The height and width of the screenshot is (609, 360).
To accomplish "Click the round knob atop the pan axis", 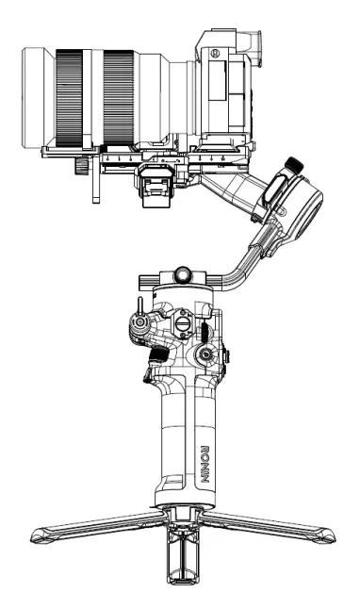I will coord(181,274).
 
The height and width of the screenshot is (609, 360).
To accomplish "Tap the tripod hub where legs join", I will coord(181,514).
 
